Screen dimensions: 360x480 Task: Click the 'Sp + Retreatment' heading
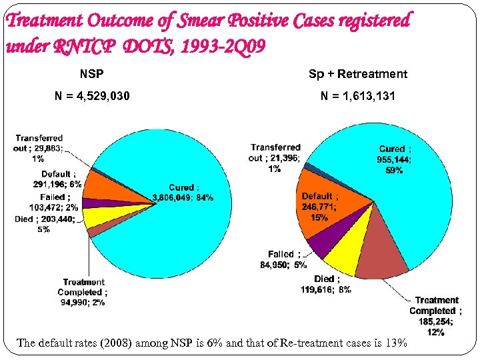tap(357, 73)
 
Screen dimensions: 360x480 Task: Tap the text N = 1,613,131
tap(357, 97)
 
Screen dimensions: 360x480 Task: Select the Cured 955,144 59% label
tap(395, 159)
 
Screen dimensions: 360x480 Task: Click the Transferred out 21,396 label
tap(275, 158)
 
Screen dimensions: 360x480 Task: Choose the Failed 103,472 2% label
tap(52, 203)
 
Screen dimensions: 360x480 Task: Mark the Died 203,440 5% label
tap(44, 224)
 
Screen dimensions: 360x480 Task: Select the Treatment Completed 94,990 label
tap(83, 292)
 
